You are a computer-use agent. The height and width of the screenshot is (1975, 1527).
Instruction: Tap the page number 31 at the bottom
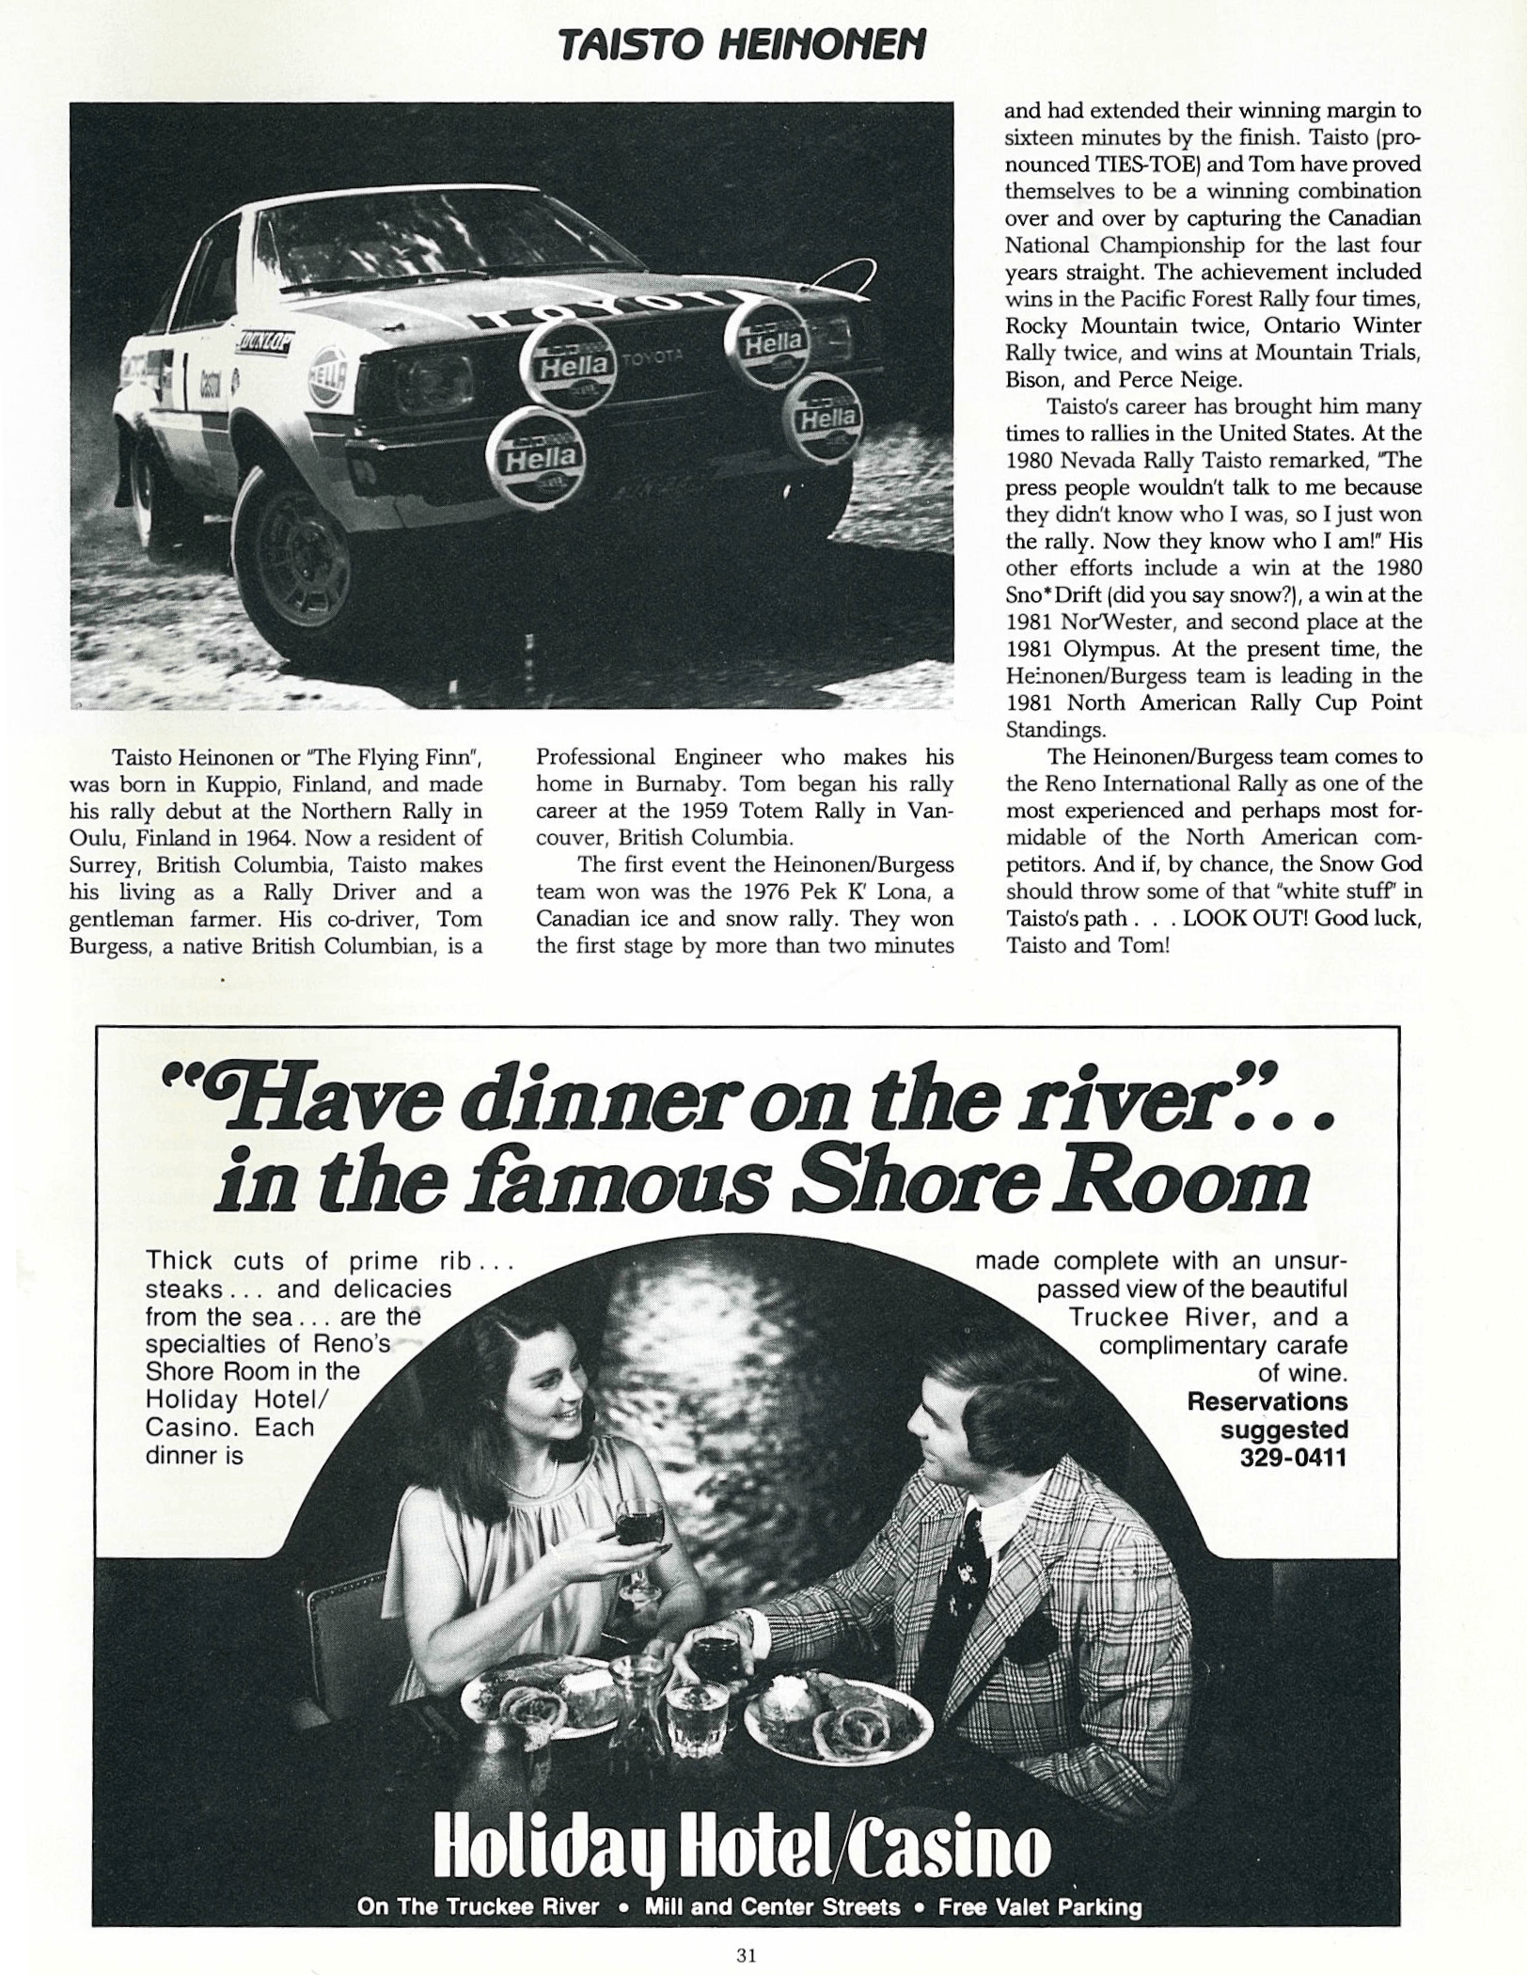747,1954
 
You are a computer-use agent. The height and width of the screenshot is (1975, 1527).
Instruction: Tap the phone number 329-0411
1294,1458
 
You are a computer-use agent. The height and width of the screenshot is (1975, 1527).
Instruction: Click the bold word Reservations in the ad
1267,1401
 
